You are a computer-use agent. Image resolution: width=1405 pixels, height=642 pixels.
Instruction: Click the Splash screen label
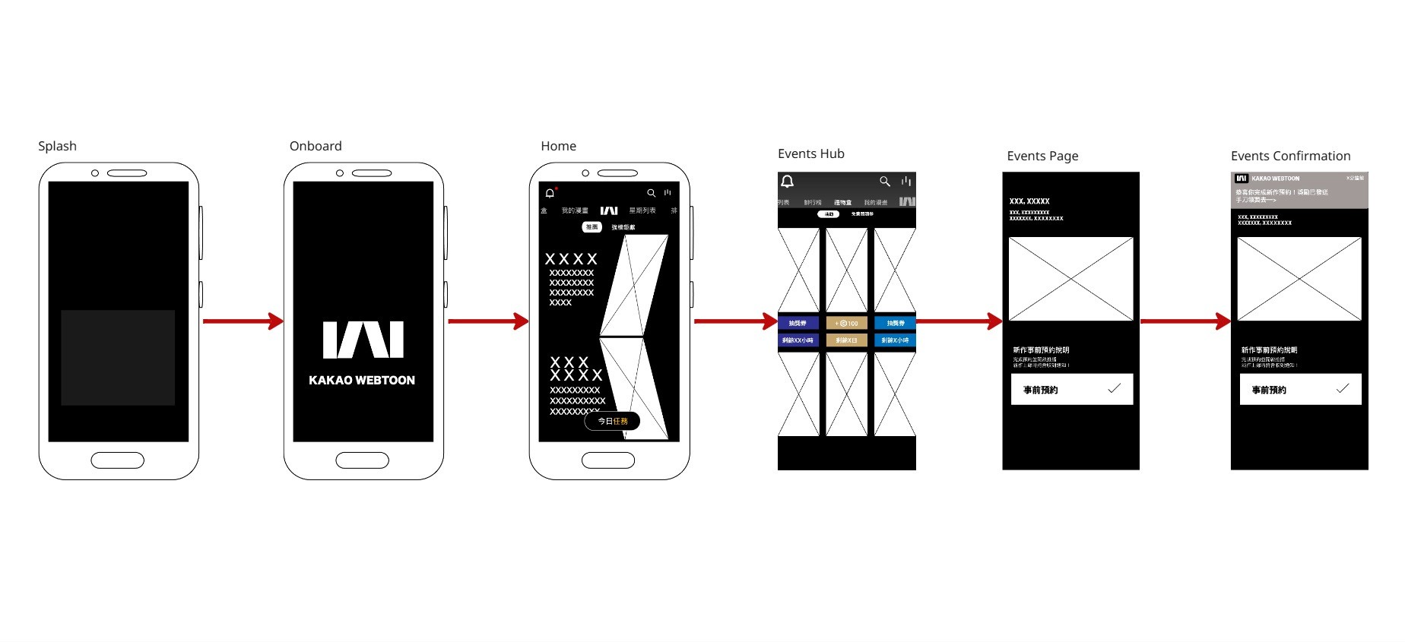57,146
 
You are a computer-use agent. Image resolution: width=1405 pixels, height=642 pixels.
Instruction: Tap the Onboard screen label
316,146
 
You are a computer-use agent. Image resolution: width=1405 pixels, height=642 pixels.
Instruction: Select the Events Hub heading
810,153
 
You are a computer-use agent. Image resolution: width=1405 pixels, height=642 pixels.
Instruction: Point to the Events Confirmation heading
1290,156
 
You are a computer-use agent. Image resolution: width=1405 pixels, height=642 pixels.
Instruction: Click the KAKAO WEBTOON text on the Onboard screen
362,380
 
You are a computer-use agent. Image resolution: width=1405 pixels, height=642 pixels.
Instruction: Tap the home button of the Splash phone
117,460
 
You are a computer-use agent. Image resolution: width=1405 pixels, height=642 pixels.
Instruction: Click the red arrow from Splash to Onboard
242,321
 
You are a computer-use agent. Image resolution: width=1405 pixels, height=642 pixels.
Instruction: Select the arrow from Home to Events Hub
734,321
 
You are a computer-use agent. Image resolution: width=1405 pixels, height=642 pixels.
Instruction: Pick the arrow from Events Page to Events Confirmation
1185,321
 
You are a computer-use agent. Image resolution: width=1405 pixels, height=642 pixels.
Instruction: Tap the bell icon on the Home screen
550,193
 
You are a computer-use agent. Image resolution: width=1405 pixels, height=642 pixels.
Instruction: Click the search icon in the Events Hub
884,181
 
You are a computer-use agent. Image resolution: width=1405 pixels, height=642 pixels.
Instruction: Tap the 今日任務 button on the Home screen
612,421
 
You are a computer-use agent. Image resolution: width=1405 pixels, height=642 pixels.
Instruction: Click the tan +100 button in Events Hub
846,323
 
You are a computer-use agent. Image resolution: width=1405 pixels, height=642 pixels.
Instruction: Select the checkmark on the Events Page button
1114,388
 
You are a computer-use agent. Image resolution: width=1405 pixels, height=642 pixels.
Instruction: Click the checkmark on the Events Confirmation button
1343,388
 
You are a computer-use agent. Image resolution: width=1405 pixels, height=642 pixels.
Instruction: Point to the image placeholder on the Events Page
1070,279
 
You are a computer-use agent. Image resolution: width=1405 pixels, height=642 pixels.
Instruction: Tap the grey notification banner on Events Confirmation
1299,190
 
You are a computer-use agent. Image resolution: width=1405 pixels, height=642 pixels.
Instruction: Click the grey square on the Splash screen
118,357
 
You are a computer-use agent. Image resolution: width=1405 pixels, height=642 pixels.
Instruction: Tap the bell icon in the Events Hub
788,181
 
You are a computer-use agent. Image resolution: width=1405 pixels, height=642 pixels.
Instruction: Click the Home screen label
558,146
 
